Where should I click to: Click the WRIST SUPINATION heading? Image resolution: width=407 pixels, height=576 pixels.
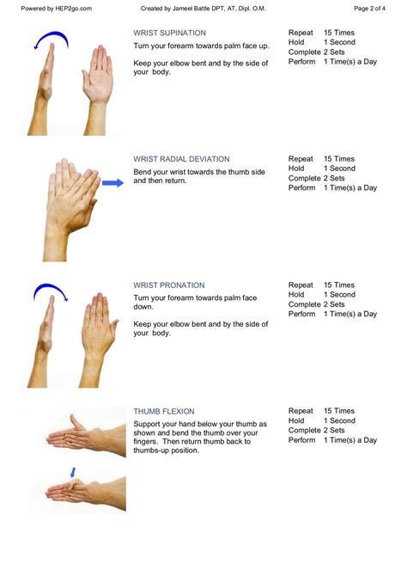169,33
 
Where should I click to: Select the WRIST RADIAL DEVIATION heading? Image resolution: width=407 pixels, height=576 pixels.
181,159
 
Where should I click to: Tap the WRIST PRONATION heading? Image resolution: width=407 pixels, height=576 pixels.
169,285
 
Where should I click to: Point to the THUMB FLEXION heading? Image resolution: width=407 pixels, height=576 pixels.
164,412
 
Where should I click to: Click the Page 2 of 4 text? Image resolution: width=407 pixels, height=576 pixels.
369,9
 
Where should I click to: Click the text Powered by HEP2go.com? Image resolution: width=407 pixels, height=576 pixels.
56,9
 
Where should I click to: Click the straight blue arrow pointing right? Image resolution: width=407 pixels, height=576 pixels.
112,183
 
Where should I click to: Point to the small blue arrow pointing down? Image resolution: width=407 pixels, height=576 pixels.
73,473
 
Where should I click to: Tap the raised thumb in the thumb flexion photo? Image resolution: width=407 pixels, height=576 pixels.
77,422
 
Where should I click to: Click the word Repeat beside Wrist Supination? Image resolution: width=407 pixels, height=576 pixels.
301,33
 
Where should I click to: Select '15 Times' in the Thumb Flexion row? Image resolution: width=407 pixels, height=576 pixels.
339,411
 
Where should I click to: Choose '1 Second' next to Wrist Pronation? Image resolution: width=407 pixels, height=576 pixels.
339,295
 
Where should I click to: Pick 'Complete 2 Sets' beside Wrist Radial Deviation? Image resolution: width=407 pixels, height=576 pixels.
316,178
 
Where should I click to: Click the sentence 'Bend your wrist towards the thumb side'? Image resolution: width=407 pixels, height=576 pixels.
199,172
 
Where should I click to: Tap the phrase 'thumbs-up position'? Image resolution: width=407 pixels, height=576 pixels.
166,450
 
